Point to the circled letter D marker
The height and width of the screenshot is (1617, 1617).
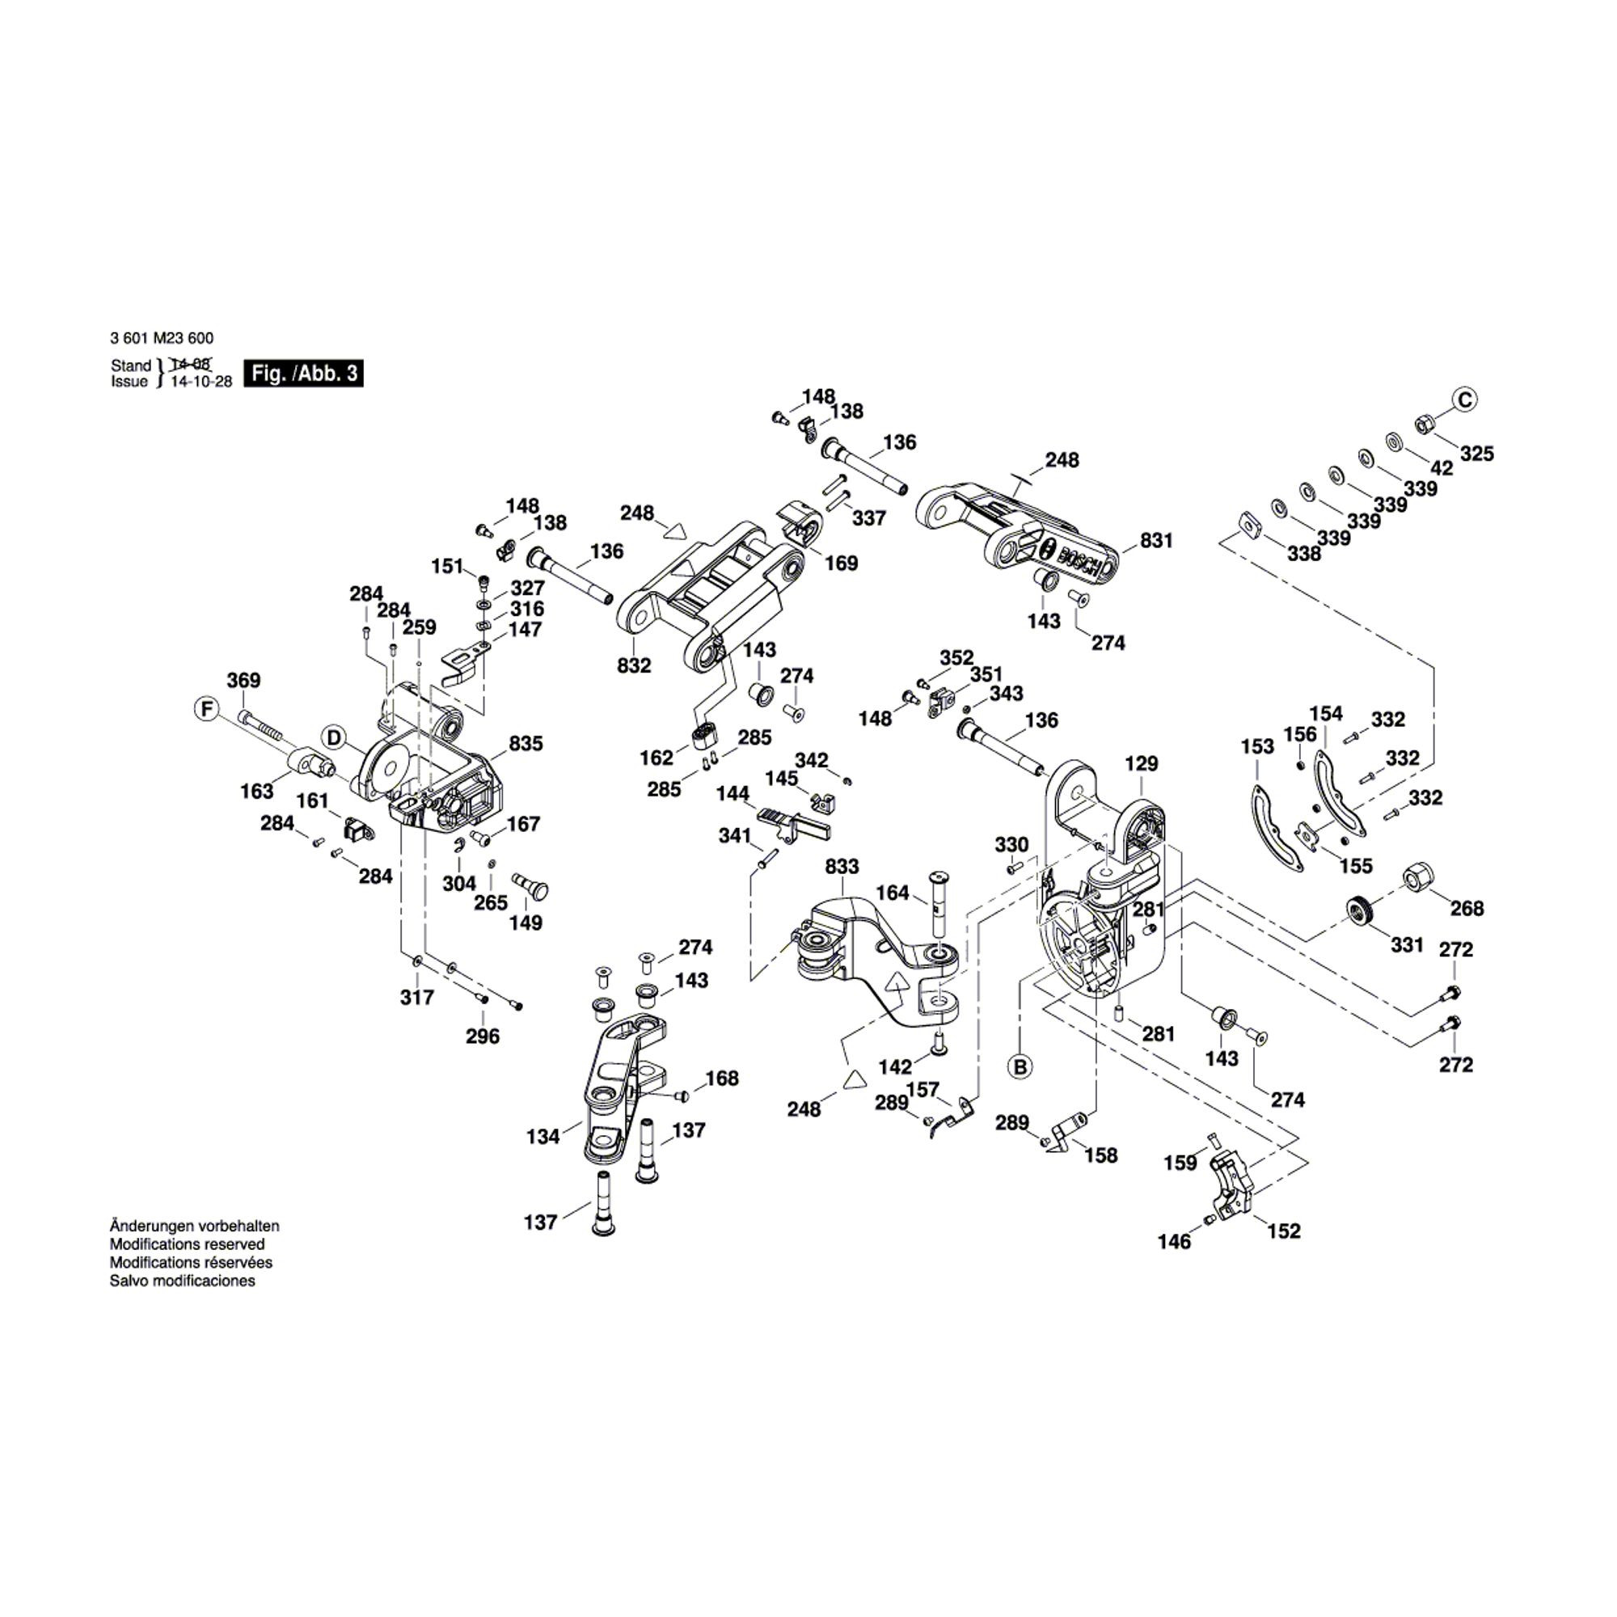(334, 738)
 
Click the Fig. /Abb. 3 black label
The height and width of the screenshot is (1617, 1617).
(303, 374)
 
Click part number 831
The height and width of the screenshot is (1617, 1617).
(1156, 541)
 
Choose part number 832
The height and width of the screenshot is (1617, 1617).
(634, 665)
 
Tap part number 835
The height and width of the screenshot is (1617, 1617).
(526, 743)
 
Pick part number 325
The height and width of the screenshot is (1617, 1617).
(1476, 454)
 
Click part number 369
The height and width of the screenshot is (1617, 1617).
(243, 681)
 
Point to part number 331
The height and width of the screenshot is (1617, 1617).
(1407, 945)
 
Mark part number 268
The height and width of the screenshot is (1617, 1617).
(1467, 908)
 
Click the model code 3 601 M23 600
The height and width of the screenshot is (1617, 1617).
(162, 338)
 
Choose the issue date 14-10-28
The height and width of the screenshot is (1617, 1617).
(201, 382)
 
